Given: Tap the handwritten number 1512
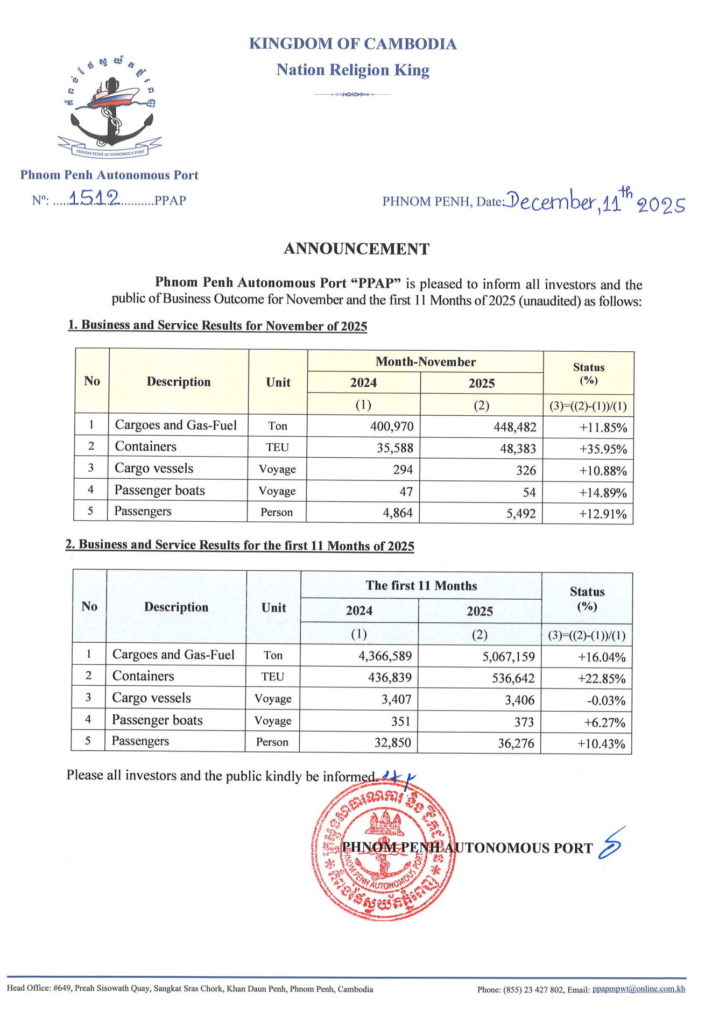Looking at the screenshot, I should (94, 198).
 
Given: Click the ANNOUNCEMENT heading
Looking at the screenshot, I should (356, 249).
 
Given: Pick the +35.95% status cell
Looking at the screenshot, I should (603, 449).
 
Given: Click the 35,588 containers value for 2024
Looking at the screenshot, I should (394, 448).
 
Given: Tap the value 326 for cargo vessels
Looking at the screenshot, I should (526, 470).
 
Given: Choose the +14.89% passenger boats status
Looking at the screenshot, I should (603, 493).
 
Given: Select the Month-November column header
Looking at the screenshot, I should (425, 361).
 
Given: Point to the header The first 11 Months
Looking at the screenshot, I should (421, 585).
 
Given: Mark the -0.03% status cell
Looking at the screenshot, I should (606, 701).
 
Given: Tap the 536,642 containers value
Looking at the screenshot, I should (513, 678).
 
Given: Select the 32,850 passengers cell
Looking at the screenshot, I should (392, 743).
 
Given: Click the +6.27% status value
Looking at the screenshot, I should (605, 722).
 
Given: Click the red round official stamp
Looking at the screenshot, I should (383, 853).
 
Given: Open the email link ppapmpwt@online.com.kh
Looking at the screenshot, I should (638, 989).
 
